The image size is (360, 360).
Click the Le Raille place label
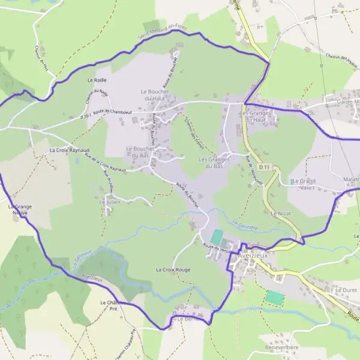[97, 80]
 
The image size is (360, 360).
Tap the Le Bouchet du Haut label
[155, 95]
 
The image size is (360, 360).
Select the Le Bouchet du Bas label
[137, 152]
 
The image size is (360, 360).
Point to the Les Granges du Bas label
[215, 163]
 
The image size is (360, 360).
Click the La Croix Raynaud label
[69, 149]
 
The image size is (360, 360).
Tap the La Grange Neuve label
[20, 209]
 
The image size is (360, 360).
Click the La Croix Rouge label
[173, 270]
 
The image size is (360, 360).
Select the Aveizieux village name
[254, 254]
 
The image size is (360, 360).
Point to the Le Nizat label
[280, 213]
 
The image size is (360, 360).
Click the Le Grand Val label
[304, 184]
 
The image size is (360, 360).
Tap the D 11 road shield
[265, 166]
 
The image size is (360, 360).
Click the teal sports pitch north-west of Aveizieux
[217, 237]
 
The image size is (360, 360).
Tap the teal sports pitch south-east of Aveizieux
[274, 296]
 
